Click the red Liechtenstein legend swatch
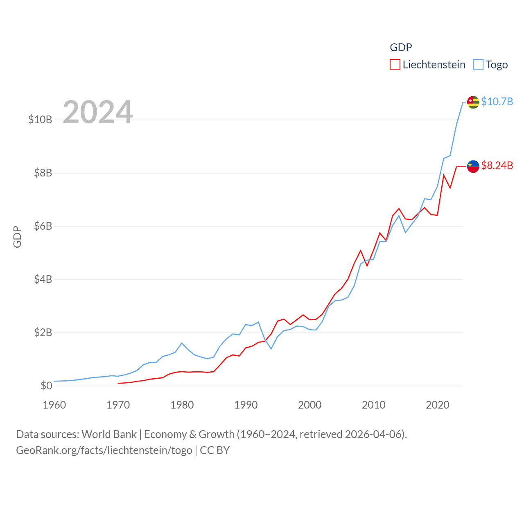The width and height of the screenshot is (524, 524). click(x=395, y=65)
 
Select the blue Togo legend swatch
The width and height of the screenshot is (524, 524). click(x=478, y=65)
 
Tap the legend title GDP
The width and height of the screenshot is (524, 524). click(x=401, y=47)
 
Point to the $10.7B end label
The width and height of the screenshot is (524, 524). click(x=497, y=102)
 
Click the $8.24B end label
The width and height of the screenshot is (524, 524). click(x=497, y=165)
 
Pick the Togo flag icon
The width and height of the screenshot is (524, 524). click(x=473, y=102)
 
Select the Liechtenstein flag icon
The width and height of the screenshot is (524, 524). click(x=473, y=166)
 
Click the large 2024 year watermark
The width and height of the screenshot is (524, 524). click(x=97, y=112)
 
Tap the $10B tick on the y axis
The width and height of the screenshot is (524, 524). click(x=40, y=120)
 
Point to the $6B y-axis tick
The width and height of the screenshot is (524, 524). click(x=43, y=226)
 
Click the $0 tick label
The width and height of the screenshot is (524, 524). click(x=46, y=386)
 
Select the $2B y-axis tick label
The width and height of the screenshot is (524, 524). click(x=43, y=332)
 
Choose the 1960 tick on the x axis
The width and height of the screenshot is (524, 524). click(x=54, y=405)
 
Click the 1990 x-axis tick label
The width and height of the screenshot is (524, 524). click(x=246, y=405)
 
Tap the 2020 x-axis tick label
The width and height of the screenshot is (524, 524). click(x=438, y=405)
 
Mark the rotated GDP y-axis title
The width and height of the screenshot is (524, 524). click(x=17, y=237)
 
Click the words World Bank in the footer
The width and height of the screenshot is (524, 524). click(x=109, y=434)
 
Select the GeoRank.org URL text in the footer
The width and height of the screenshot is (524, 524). click(x=104, y=450)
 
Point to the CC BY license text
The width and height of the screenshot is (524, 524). click(x=215, y=450)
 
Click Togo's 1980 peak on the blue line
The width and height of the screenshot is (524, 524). click(x=182, y=343)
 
